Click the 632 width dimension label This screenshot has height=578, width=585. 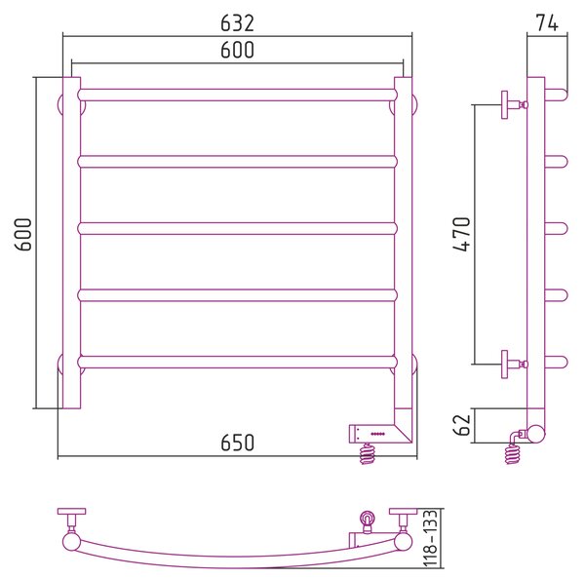click(x=237, y=23)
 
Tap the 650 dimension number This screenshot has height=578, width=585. click(x=237, y=443)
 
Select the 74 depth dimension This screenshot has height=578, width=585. click(x=547, y=23)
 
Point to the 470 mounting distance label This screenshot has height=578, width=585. click(x=462, y=234)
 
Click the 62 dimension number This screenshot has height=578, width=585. click(x=462, y=425)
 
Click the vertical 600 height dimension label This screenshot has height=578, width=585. click(x=23, y=234)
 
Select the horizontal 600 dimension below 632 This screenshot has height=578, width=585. click(x=237, y=50)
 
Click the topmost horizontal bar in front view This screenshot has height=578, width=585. click(x=238, y=95)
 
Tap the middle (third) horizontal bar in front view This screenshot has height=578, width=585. click(x=238, y=228)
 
